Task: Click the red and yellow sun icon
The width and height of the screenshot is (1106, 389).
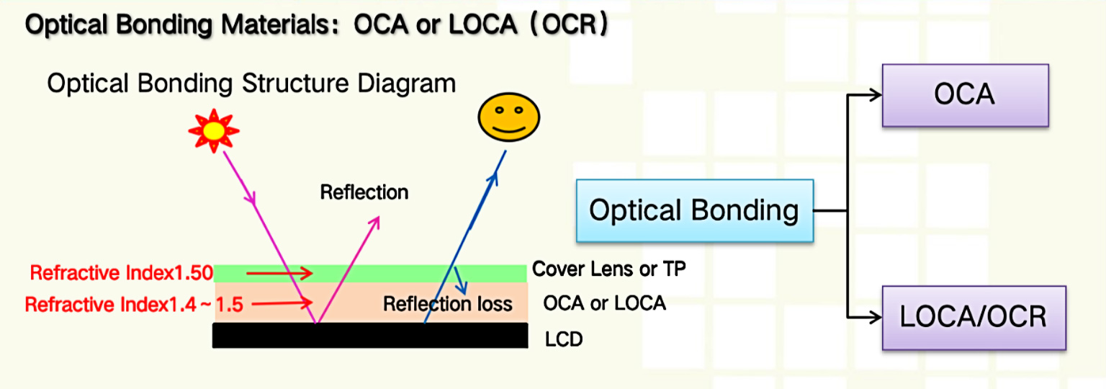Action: [x=214, y=130]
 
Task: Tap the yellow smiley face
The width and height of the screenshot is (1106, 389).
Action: [x=508, y=117]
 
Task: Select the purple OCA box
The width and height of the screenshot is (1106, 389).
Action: [x=966, y=95]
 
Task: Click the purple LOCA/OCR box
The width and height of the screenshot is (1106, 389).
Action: [x=974, y=318]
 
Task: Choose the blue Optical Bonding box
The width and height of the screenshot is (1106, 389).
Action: [x=695, y=211]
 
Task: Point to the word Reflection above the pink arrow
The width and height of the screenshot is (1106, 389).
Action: [x=364, y=192]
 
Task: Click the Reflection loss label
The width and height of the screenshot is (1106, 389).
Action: [x=448, y=304]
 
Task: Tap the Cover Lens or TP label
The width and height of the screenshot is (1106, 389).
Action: [x=608, y=269]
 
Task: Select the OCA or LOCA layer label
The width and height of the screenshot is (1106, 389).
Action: [x=604, y=303]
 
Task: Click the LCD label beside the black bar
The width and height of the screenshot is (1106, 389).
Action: [x=564, y=339]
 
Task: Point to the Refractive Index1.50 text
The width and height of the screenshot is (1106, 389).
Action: [x=122, y=272]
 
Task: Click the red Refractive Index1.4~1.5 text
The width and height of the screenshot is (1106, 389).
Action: [x=134, y=305]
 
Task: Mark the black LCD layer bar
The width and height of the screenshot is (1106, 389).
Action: [x=370, y=336]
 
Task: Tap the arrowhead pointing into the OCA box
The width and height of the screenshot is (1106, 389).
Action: [x=876, y=95]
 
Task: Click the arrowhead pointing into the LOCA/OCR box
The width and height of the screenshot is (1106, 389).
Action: [x=876, y=317]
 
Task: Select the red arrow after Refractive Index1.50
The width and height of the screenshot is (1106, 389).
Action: [x=279, y=272]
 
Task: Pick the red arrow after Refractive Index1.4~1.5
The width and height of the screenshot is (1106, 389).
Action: [x=282, y=303]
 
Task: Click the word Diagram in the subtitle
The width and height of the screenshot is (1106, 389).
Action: [x=406, y=84]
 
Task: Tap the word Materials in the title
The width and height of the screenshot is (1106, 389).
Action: [x=275, y=24]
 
